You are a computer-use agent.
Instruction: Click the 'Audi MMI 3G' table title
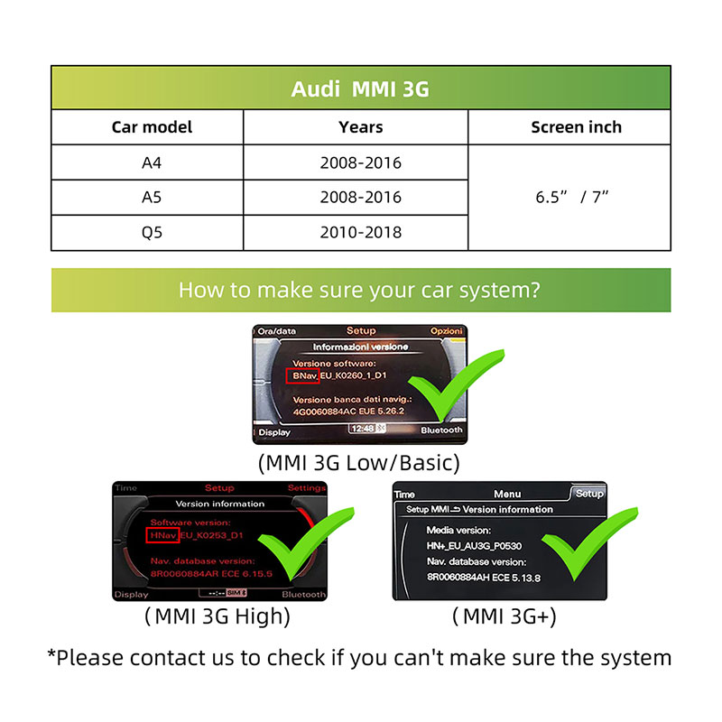point(360,89)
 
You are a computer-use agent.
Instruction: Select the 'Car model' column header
point(152,127)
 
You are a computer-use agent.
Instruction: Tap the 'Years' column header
point(360,127)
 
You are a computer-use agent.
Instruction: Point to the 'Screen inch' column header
point(576,127)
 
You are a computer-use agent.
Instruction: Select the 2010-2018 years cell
point(360,232)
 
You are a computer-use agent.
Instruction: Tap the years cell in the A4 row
point(360,163)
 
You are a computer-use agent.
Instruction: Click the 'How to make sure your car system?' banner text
point(360,291)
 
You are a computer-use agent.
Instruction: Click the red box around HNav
point(162,535)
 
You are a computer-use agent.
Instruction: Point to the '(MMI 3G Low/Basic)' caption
point(359,463)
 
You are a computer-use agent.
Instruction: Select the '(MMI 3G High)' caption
point(218,617)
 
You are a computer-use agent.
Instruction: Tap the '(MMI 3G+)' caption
point(504,617)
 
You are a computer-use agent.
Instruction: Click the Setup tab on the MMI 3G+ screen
point(589,494)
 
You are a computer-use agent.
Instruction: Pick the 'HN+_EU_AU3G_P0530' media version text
point(474,546)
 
